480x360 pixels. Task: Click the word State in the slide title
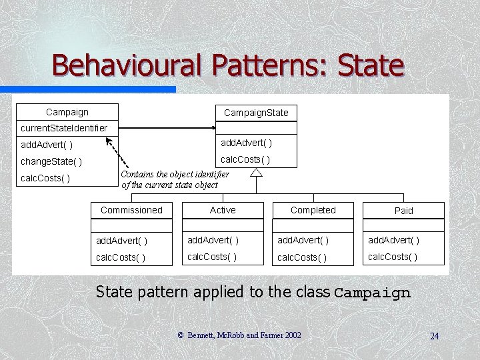click(x=371, y=66)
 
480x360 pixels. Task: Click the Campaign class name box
click(x=67, y=112)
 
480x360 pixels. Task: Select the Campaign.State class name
click(x=256, y=113)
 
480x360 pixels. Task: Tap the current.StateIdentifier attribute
click(x=64, y=127)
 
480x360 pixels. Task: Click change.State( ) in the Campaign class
click(x=52, y=161)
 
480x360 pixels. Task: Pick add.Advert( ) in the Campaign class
click(x=47, y=145)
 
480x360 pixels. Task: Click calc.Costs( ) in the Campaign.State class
click(x=245, y=159)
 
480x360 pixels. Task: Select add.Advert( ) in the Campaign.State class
click(x=246, y=143)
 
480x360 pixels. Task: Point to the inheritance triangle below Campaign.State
click(x=256, y=172)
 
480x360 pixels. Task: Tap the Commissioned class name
click(x=131, y=210)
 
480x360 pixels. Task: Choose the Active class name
click(x=223, y=210)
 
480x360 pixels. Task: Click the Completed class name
click(x=313, y=210)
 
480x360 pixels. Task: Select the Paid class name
click(x=404, y=211)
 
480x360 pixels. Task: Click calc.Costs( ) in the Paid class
click(x=393, y=257)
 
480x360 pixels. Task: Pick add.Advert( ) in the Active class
click(x=213, y=240)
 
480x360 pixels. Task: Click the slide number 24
click(x=434, y=335)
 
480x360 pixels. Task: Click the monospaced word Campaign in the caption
click(x=372, y=292)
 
